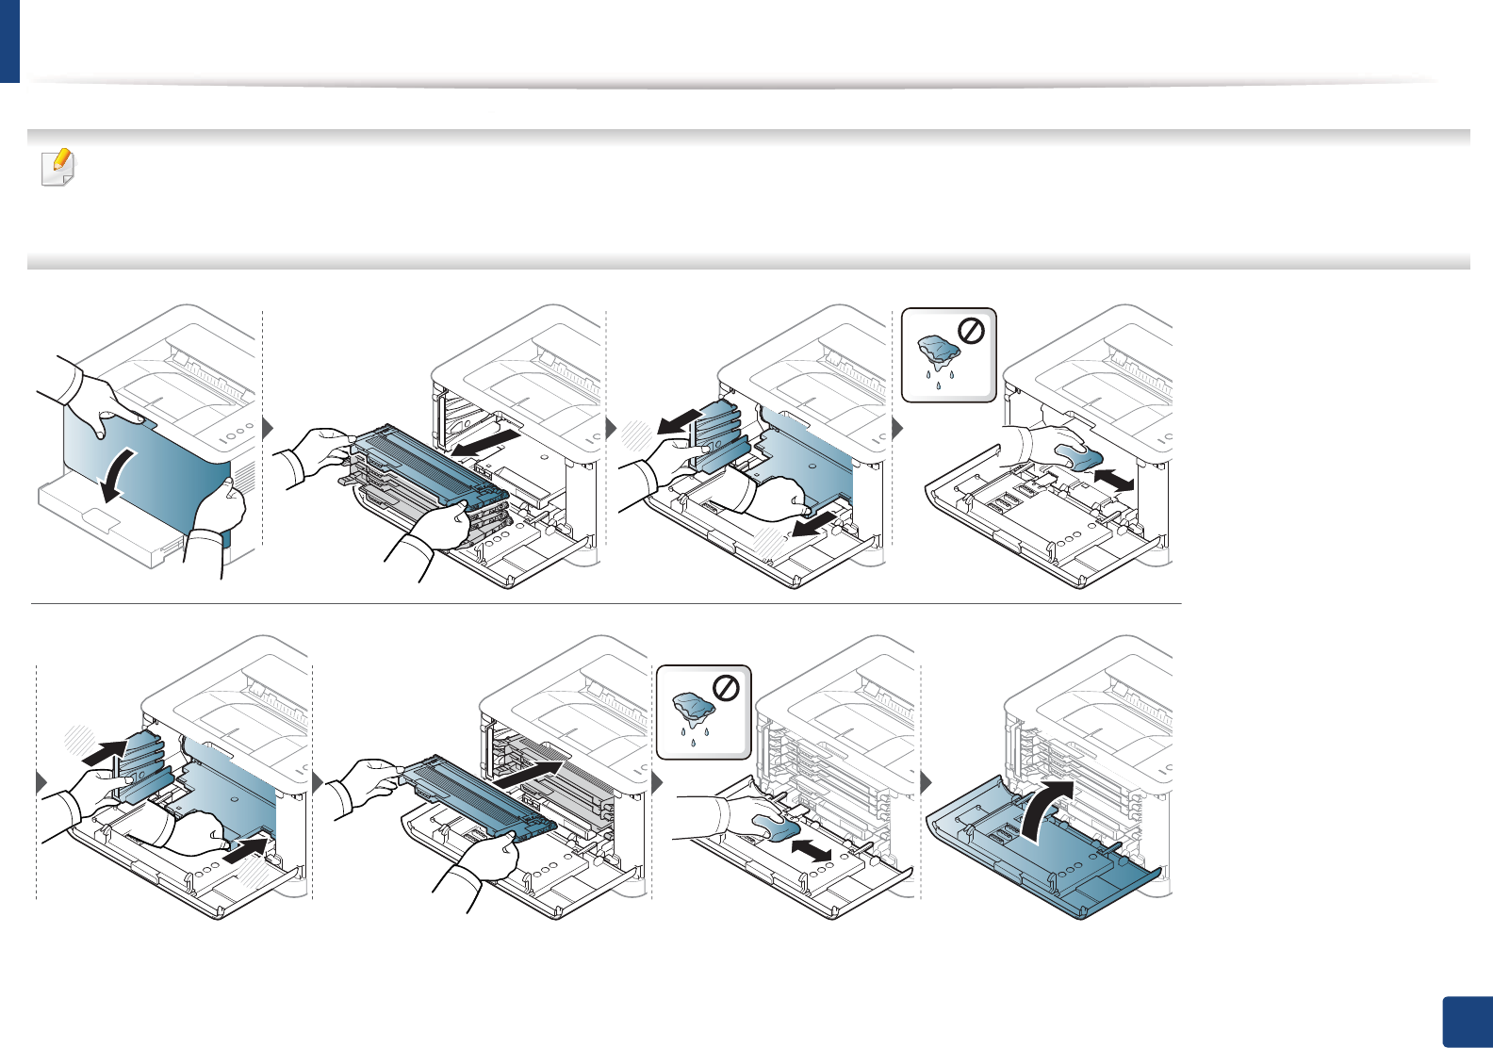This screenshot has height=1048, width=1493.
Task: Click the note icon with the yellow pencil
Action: (x=58, y=168)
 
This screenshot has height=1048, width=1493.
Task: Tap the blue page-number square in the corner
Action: (x=1468, y=1022)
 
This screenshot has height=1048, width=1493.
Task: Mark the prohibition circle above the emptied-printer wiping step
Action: (x=971, y=332)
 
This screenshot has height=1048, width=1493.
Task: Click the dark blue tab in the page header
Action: (x=9, y=41)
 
